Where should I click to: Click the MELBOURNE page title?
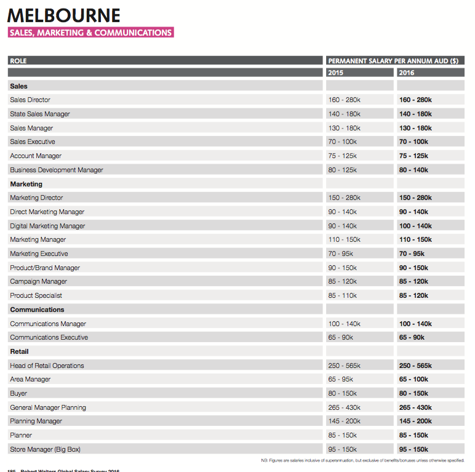coord(64,15)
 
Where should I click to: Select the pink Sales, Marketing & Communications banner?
coord(90,33)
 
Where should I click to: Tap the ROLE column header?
coord(18,61)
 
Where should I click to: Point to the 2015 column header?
coord(336,73)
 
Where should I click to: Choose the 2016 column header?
coord(407,73)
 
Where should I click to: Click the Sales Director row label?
coord(30,100)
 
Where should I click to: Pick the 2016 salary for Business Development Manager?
coord(415,170)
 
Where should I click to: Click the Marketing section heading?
coord(26,184)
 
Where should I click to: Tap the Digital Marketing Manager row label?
coord(47,226)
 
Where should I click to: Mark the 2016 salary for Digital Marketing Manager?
coord(415,226)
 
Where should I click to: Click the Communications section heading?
coord(37,310)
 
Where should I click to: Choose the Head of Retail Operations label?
coord(47,366)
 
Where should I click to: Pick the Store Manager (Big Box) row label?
coord(45,449)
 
